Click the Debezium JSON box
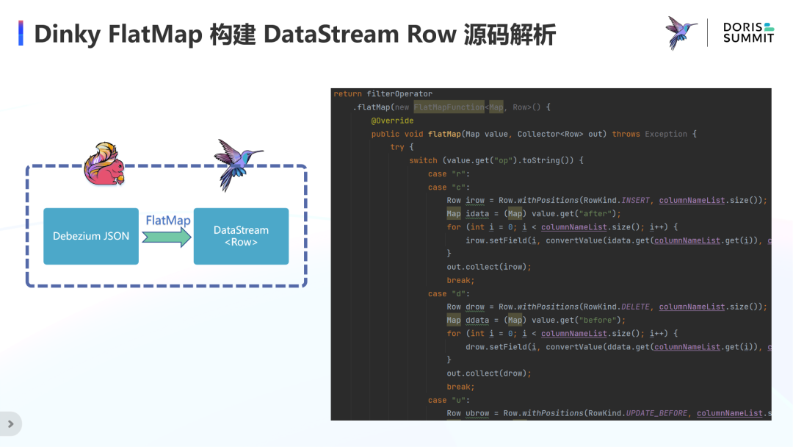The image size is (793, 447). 91,236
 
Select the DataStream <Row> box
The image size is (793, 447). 241,236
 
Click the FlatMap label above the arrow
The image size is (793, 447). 168,221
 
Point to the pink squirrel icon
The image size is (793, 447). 102,164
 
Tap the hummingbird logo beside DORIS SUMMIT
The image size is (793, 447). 681,32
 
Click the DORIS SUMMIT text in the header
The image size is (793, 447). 748,32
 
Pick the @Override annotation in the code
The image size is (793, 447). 392,121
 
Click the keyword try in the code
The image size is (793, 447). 397,147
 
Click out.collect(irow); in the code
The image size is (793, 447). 488,267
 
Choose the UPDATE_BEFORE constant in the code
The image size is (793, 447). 656,413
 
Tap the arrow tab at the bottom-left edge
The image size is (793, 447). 10,423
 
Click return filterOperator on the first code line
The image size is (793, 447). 383,94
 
